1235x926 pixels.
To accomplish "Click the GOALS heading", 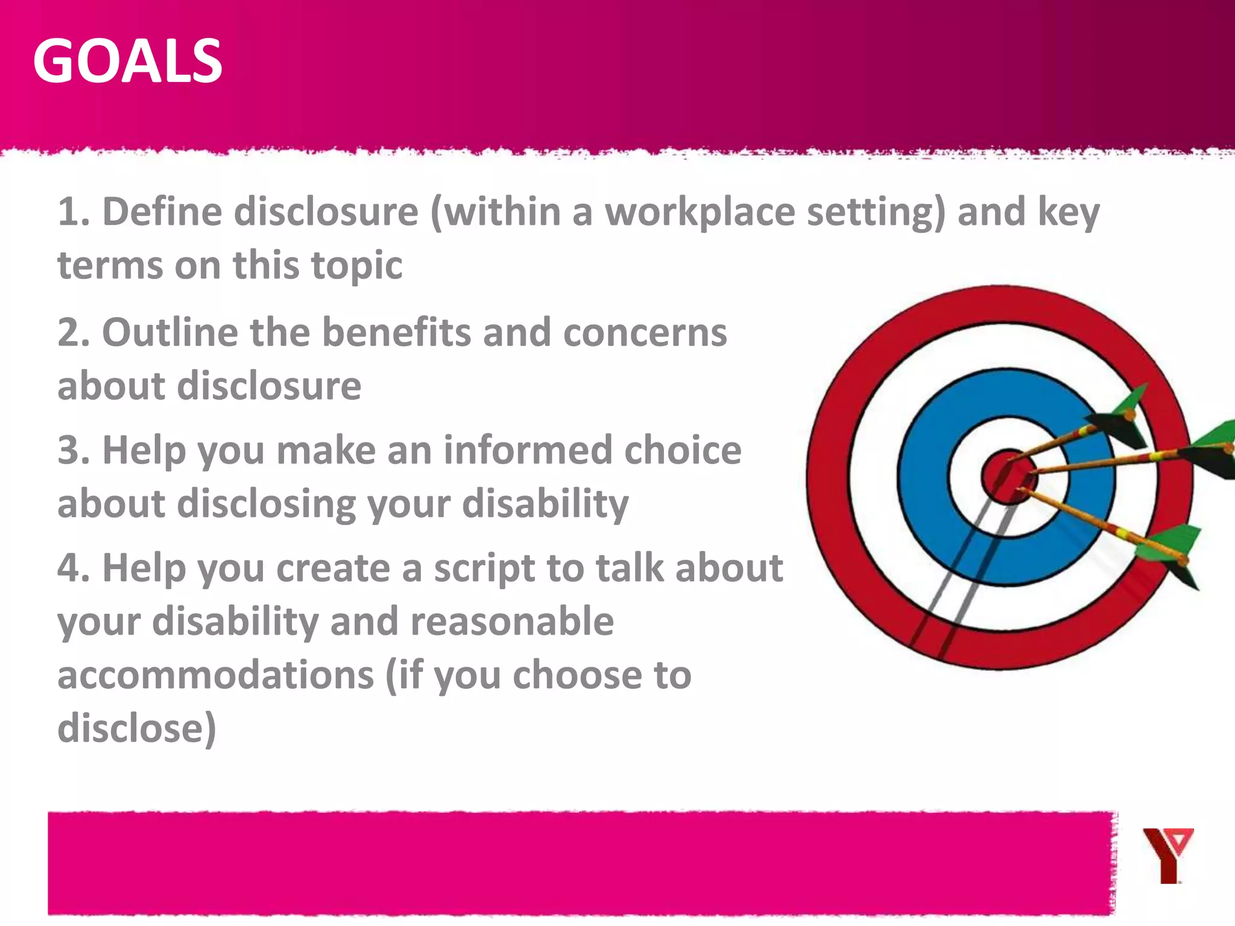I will (x=128, y=61).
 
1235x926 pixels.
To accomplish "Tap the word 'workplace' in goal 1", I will (x=700, y=212).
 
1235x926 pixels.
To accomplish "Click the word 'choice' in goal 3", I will (x=683, y=450).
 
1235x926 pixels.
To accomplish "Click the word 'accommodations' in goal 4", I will (x=215, y=675).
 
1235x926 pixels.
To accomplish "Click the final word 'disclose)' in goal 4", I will (x=137, y=728).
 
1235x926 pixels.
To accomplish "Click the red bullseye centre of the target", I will (x=1006, y=476).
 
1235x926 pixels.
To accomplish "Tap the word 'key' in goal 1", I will (x=1068, y=213).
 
